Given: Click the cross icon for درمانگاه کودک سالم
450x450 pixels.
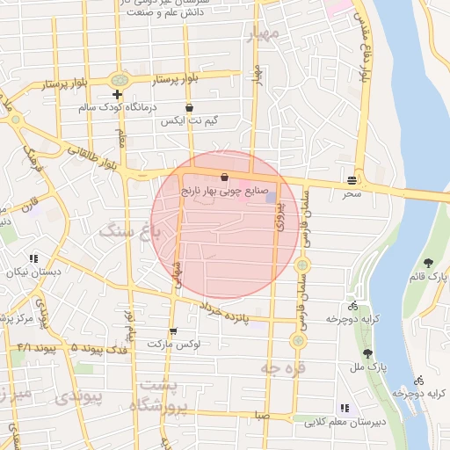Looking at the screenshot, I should (x=117, y=94).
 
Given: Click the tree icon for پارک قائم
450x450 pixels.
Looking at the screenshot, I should (x=428, y=263).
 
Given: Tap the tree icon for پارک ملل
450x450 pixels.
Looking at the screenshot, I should (x=367, y=352).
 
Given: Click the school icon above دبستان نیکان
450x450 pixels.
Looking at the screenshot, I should (x=33, y=258).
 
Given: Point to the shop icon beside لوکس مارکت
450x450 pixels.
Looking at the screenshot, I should (x=172, y=331).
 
